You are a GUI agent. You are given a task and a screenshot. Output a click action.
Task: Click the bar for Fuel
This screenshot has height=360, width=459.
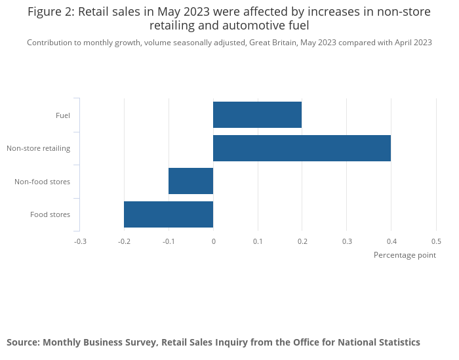(257, 115)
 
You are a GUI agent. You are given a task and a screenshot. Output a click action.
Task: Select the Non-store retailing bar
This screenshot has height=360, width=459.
(302, 148)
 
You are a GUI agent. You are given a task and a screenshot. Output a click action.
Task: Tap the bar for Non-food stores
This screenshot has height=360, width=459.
(191, 181)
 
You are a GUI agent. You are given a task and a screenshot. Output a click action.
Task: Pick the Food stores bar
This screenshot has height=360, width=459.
(169, 214)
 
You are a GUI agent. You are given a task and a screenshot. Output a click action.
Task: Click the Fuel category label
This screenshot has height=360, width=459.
(63, 115)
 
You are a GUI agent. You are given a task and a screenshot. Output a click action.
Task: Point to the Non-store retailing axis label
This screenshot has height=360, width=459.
(39, 148)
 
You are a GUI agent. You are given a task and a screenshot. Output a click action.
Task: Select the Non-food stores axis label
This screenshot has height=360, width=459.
(43, 182)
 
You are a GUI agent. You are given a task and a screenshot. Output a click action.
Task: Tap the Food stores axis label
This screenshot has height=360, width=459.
(50, 214)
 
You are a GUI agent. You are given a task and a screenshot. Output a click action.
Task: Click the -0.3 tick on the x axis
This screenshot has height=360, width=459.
(80, 241)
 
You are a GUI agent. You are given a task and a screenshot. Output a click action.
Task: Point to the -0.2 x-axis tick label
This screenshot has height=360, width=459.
(124, 241)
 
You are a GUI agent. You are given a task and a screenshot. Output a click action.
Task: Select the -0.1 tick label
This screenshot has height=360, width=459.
(169, 241)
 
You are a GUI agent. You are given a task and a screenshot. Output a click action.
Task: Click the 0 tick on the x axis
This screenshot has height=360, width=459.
(213, 241)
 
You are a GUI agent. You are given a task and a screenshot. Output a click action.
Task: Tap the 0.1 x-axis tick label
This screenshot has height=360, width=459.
(258, 241)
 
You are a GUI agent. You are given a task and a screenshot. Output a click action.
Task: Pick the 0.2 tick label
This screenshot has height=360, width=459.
(302, 241)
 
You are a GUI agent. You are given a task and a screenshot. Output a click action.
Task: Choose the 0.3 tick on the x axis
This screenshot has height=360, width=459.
(347, 241)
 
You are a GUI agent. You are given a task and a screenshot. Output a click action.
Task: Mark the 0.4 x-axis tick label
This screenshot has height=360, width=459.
(391, 241)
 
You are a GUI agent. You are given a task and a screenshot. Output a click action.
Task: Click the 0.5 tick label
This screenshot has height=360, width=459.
(436, 241)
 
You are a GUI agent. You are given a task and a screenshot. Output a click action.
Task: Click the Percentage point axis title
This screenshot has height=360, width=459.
(405, 255)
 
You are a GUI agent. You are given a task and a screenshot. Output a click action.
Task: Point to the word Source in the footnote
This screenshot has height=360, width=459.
(23, 342)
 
